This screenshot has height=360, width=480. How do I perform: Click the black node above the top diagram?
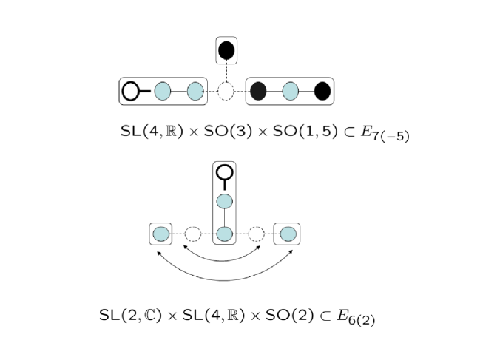(x=226, y=50)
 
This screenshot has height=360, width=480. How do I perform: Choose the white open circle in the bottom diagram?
(x=225, y=173)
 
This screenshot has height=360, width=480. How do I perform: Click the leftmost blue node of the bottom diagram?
(x=160, y=235)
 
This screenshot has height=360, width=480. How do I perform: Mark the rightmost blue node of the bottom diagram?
(x=288, y=235)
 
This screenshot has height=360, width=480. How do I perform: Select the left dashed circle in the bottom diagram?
(x=192, y=235)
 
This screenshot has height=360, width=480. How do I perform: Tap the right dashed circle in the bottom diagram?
(x=257, y=235)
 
